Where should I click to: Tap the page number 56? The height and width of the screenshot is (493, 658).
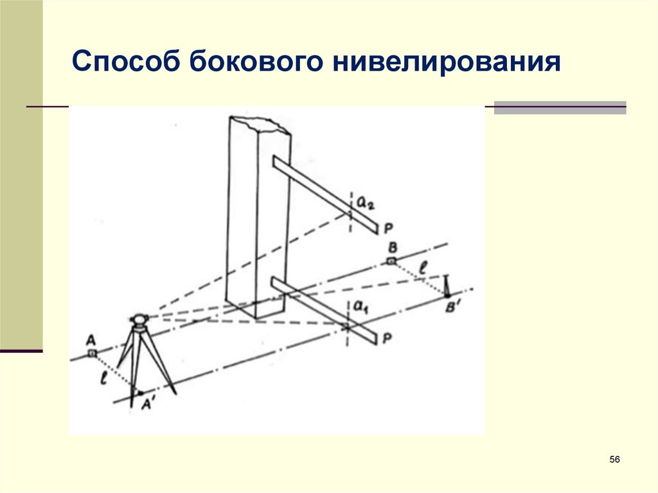coord(614,460)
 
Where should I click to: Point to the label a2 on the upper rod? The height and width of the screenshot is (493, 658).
coord(366,202)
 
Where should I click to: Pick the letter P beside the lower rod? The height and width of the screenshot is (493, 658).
coord(387,339)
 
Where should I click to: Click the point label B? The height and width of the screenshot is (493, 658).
coord(393,247)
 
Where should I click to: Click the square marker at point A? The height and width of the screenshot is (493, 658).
coord(92,353)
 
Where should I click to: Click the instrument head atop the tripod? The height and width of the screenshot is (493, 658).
coord(139,318)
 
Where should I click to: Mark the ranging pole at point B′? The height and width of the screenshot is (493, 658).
coord(447,285)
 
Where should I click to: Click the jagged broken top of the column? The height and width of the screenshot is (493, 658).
coord(260,123)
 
